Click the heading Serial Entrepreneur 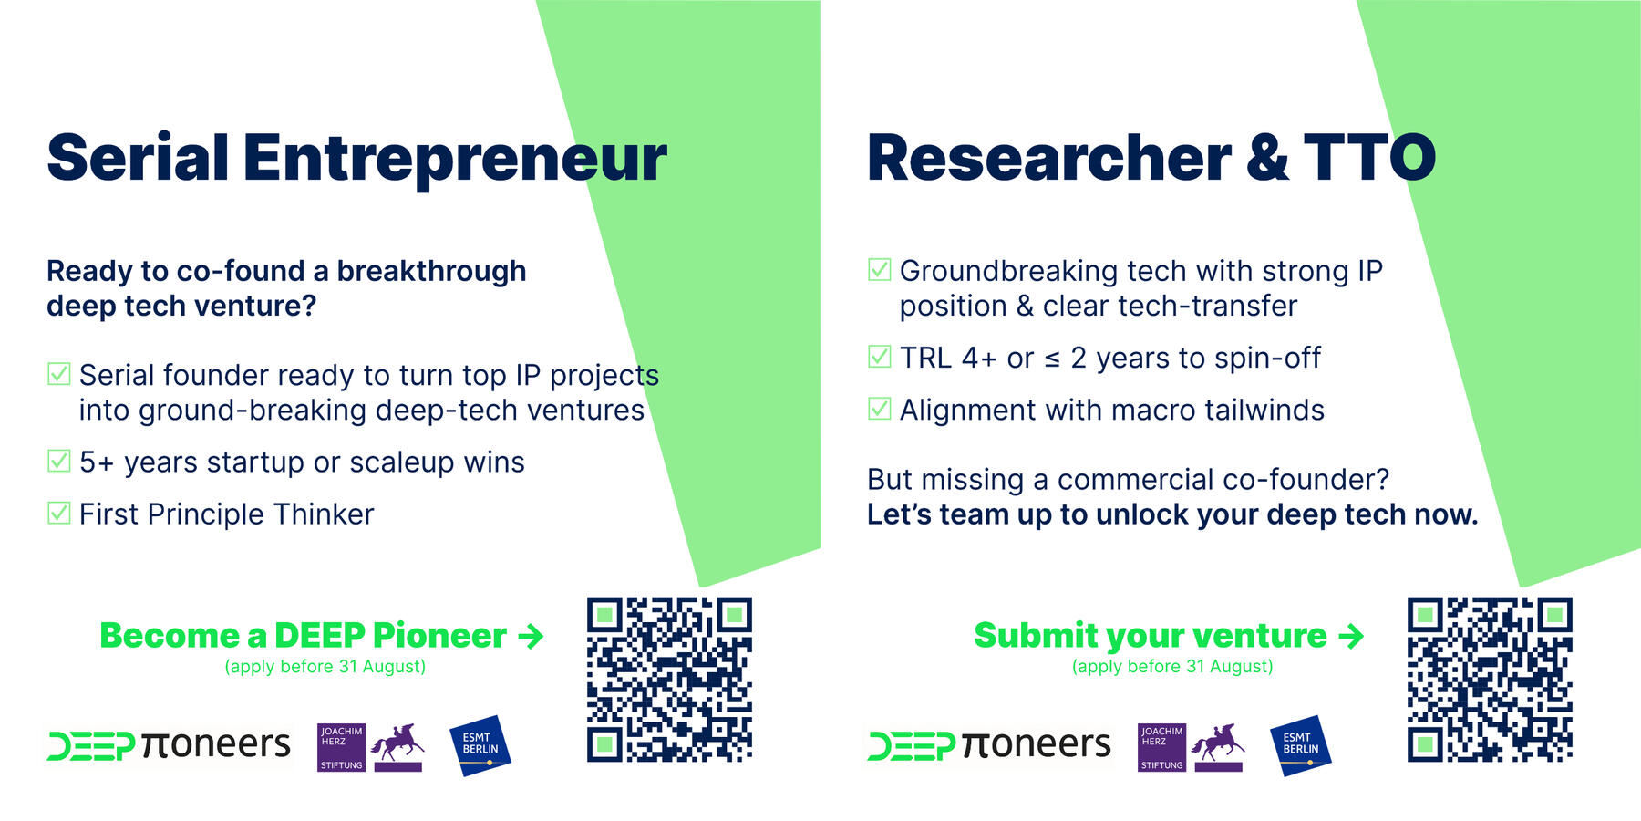356,159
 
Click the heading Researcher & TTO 1151,159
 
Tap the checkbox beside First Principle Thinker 58,514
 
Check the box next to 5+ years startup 58,462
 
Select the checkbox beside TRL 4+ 879,357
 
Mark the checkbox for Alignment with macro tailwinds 879,409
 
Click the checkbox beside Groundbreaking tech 879,270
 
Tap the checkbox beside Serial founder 58,374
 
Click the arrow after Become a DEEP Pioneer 531,636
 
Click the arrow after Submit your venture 1351,636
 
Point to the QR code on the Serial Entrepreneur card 669,680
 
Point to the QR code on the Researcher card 1490,680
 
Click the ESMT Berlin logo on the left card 480,744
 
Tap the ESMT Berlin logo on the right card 1300,744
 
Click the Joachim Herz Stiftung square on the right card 1161,747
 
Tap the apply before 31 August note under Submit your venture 1172,667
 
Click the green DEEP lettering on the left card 91,746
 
